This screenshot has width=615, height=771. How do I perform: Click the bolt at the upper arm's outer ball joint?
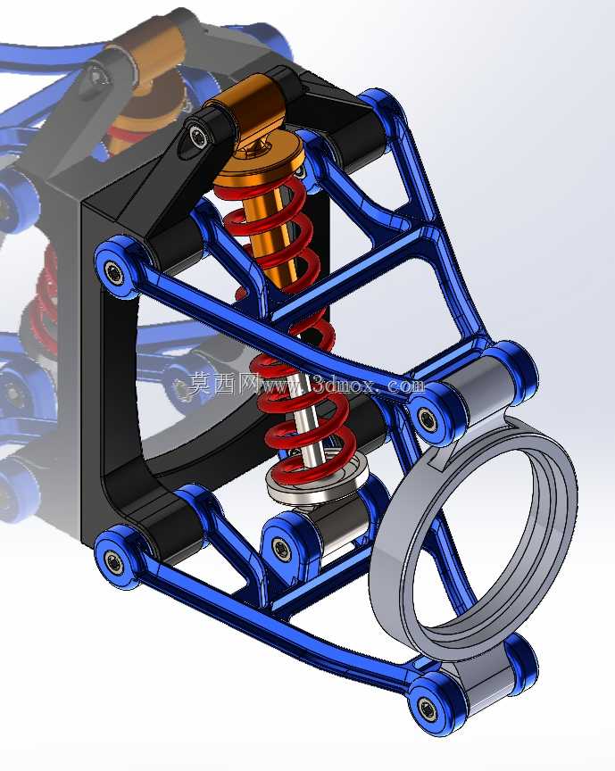tap(426, 418)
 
